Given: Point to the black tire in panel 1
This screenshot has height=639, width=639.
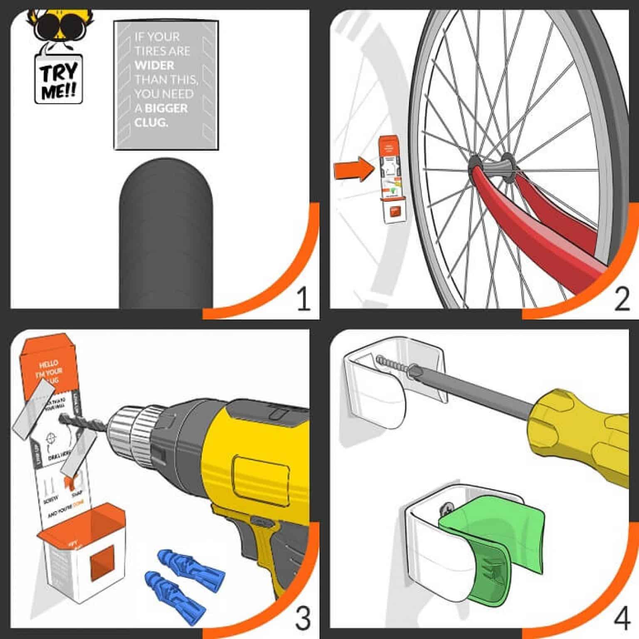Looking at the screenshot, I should pos(166,241).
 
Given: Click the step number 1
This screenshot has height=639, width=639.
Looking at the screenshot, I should pos(303,300).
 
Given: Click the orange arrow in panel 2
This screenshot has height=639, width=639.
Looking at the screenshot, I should pos(352,171).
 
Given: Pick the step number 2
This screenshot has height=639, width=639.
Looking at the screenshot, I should pos(622,300).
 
